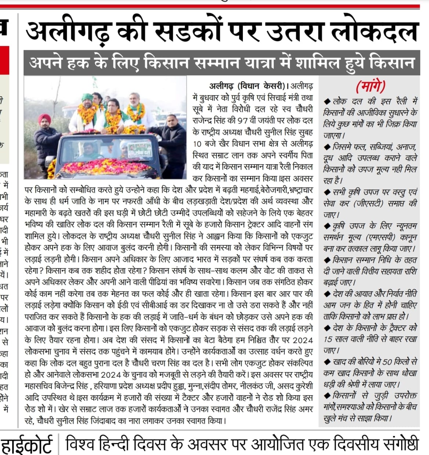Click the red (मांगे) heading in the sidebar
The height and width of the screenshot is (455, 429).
pos(370,87)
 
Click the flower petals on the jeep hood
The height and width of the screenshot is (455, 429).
pos(110,167)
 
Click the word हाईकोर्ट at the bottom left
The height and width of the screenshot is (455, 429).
pos(26,445)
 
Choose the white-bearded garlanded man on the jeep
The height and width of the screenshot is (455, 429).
pos(136,114)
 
